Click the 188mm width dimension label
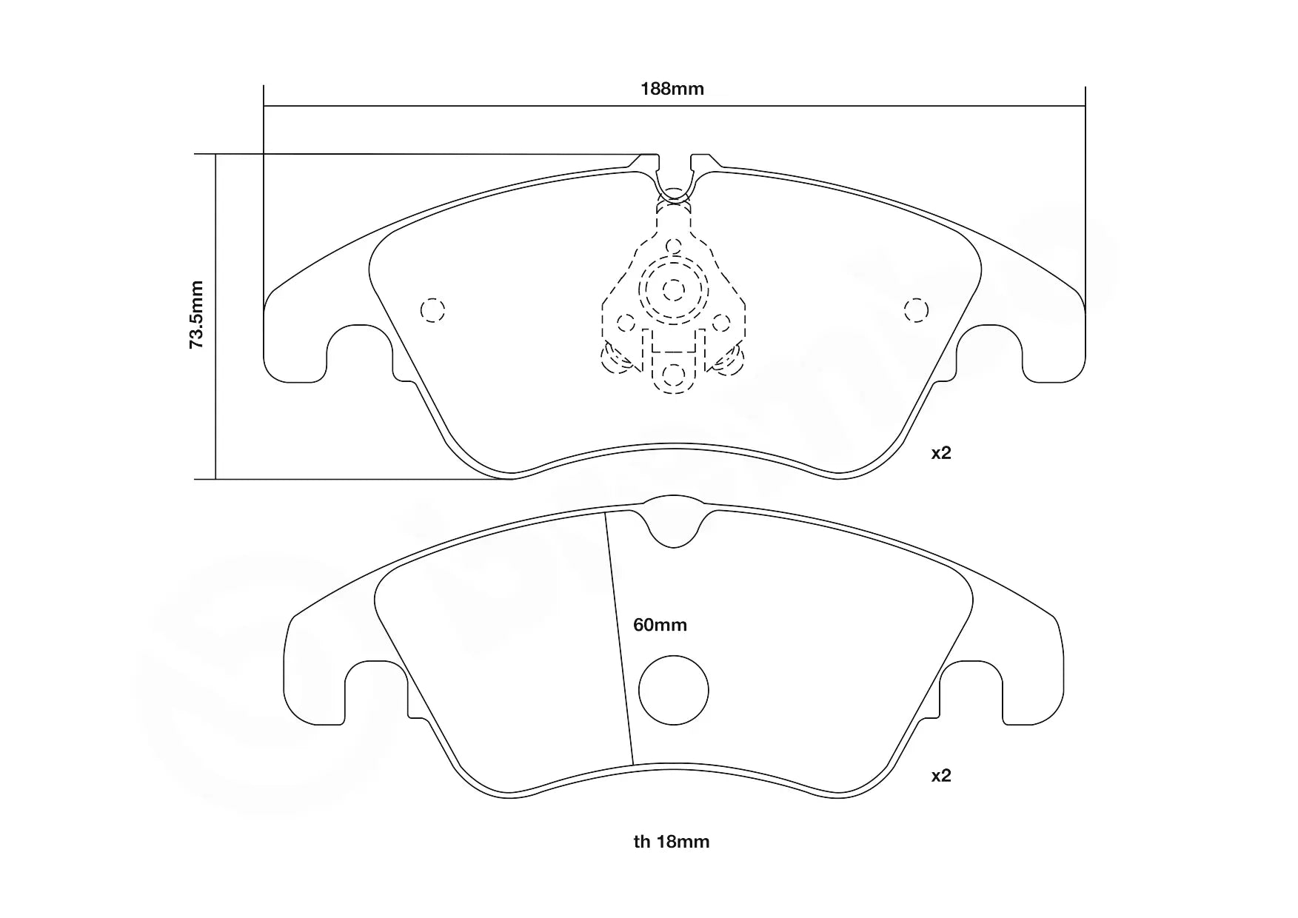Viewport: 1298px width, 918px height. (672, 90)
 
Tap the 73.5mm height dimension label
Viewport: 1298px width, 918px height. (196, 315)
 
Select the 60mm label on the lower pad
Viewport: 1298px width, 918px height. (660, 625)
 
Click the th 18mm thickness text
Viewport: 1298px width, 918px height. (671, 842)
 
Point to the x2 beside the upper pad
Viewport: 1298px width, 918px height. (940, 453)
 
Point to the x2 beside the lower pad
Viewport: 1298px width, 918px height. (940, 776)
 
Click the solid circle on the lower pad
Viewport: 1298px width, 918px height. (673, 690)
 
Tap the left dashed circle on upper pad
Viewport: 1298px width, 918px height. (432, 309)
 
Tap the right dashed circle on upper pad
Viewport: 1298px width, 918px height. (916, 309)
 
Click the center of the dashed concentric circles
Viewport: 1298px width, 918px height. (673, 289)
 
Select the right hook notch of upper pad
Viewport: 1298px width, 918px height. (990, 352)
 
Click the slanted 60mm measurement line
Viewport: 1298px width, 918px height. (620, 637)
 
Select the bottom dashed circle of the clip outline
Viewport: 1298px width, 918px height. (673, 375)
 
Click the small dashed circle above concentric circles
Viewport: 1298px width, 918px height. (673, 246)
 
